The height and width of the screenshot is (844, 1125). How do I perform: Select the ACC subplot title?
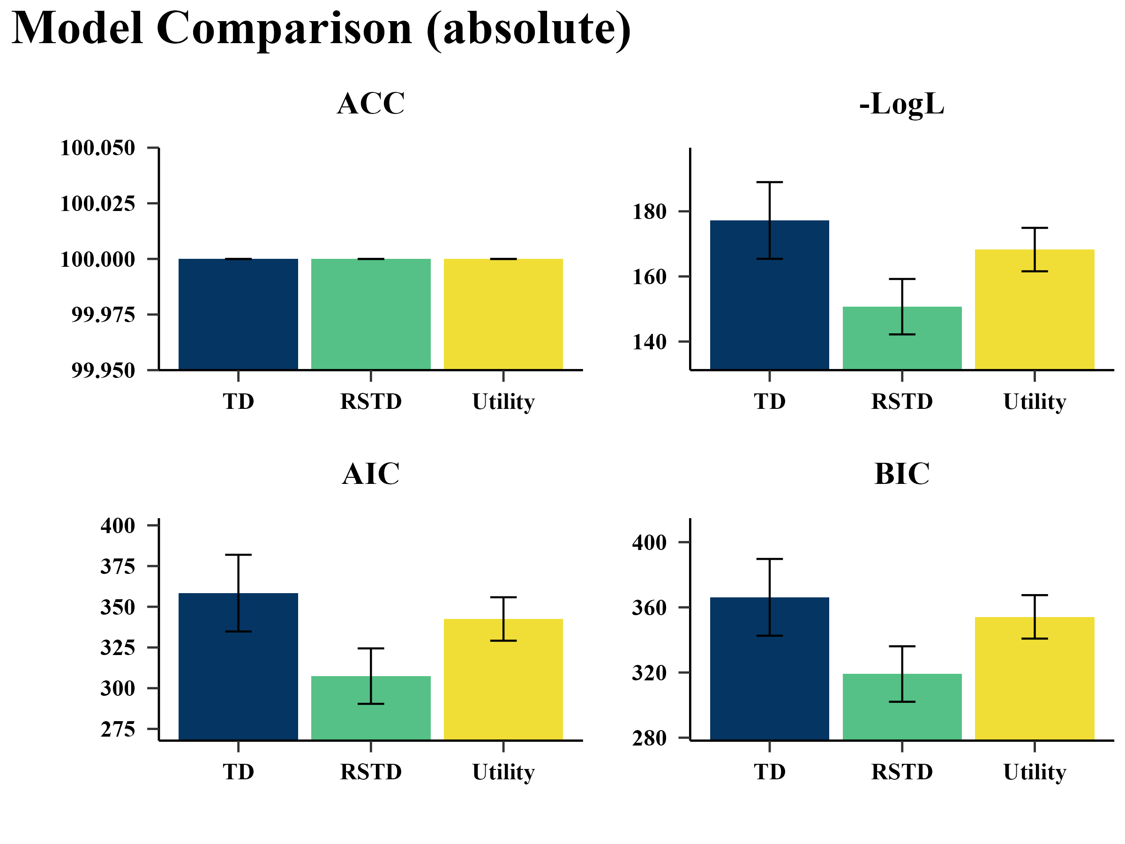(x=370, y=104)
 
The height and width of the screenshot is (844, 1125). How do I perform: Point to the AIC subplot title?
(x=370, y=474)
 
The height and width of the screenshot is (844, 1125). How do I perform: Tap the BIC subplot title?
(x=902, y=474)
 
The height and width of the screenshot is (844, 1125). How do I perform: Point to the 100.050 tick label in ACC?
(x=97, y=148)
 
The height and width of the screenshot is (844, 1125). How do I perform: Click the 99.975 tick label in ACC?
(x=103, y=315)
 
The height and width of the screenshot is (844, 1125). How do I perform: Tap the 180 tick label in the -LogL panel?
(x=649, y=211)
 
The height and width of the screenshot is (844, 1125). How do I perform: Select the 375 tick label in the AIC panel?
(x=118, y=567)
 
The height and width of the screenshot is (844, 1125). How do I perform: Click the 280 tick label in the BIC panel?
(x=649, y=738)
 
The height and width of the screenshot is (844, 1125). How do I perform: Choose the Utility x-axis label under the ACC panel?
(x=503, y=402)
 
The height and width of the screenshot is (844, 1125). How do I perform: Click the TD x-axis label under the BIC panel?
(x=770, y=772)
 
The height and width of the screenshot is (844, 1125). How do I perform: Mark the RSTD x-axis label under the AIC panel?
(x=371, y=772)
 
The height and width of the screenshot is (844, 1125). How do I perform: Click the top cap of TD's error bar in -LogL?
(x=770, y=182)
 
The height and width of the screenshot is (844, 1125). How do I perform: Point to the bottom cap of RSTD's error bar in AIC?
(x=371, y=704)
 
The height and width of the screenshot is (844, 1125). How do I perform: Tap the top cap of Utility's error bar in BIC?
(x=1035, y=595)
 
